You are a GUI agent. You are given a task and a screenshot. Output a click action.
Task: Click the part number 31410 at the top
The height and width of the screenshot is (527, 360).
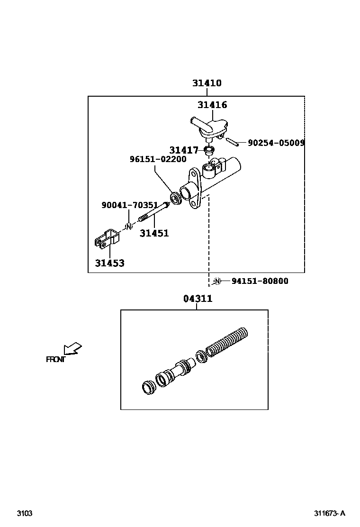pos(207,83)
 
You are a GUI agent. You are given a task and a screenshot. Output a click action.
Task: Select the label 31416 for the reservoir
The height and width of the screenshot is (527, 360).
pos(212,105)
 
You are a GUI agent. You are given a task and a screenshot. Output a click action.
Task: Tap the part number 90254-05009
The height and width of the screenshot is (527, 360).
pos(276,142)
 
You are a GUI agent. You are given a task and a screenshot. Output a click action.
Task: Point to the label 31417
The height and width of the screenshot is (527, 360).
pos(184,150)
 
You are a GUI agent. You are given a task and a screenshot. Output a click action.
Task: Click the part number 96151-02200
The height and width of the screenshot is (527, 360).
pos(158,160)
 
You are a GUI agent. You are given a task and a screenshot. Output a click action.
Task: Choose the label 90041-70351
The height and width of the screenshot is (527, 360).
pos(129,205)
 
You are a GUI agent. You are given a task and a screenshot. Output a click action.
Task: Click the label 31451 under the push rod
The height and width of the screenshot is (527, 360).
pos(154,233)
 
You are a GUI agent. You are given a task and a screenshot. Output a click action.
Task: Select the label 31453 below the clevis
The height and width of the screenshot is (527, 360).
pos(109,263)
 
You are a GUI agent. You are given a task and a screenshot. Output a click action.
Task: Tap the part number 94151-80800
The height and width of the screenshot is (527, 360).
pos(260,281)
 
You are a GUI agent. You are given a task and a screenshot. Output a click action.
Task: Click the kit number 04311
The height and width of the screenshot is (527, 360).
pos(198,299)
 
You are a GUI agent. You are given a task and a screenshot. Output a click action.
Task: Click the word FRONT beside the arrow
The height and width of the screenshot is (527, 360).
pos(55,359)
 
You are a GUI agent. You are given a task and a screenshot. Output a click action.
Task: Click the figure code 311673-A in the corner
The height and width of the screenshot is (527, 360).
pos(329,513)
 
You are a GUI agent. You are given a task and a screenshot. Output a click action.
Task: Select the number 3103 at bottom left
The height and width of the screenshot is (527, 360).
pos(25,513)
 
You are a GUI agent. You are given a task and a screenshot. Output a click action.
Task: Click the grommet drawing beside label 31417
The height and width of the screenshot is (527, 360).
pos(207,151)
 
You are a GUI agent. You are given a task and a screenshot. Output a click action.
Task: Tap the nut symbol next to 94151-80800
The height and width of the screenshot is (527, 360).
pos(217,281)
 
